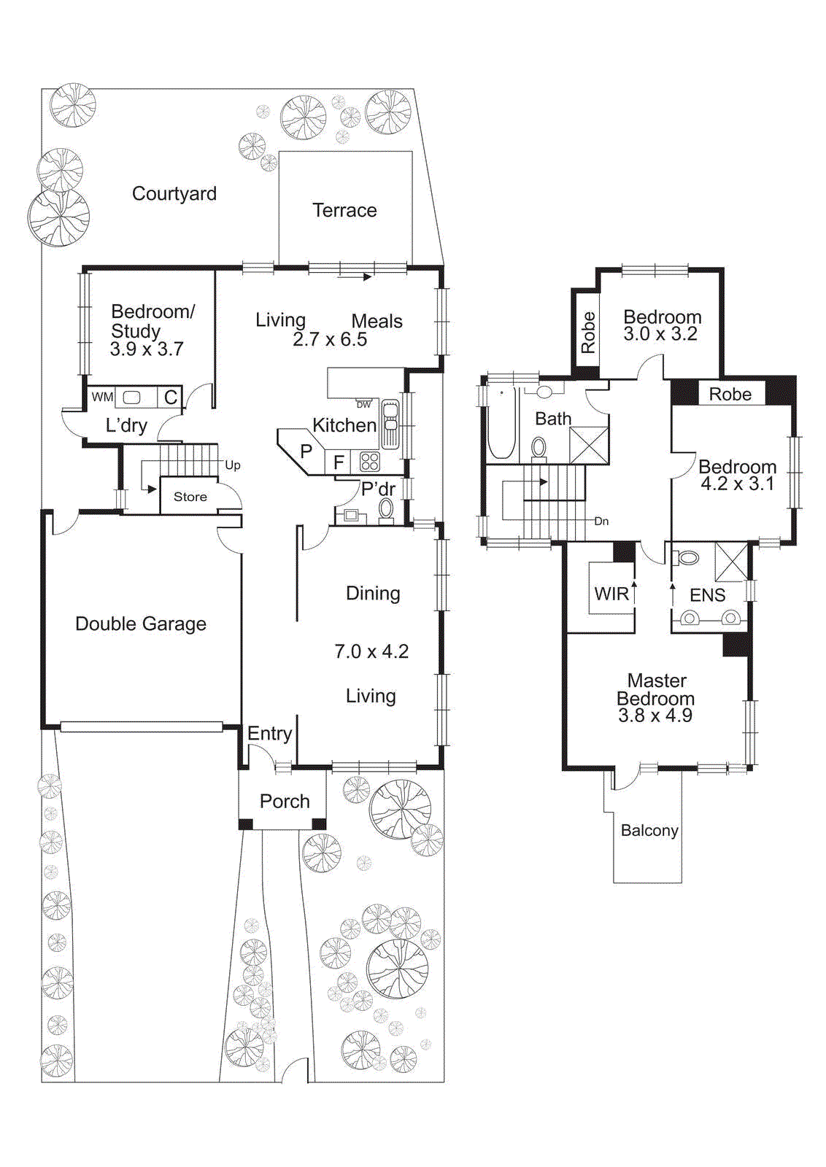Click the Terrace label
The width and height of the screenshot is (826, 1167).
click(344, 210)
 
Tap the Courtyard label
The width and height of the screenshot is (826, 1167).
click(174, 194)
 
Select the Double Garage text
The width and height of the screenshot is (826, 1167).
click(141, 624)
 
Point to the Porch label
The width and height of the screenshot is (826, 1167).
click(285, 801)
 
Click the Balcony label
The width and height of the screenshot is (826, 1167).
click(649, 831)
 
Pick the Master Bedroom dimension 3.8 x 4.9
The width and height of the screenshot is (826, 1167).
click(655, 716)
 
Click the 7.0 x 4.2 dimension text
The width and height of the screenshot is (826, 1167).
click(371, 651)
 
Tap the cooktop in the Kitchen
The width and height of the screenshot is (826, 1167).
click(369, 462)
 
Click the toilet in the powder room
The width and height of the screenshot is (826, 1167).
click(386, 510)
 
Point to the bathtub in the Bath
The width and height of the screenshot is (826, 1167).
click(501, 423)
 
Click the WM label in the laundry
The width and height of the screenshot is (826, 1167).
click(102, 397)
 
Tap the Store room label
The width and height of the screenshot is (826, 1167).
click(190, 497)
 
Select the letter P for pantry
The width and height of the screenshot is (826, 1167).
click(306, 451)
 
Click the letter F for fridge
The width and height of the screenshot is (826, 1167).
click(339, 462)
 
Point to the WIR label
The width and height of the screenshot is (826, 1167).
click(611, 593)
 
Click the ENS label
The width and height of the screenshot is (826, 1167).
click(707, 595)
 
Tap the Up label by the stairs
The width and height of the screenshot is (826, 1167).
click(233, 465)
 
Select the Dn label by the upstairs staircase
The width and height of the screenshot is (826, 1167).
click(601, 521)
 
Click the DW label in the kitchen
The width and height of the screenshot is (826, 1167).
click(364, 404)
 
